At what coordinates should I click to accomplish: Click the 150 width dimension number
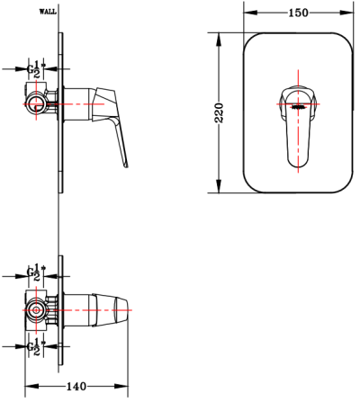[299, 13]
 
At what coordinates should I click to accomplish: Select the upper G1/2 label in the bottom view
[35, 271]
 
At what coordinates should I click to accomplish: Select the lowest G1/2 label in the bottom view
[35, 345]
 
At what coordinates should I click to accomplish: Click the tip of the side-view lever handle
[125, 165]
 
